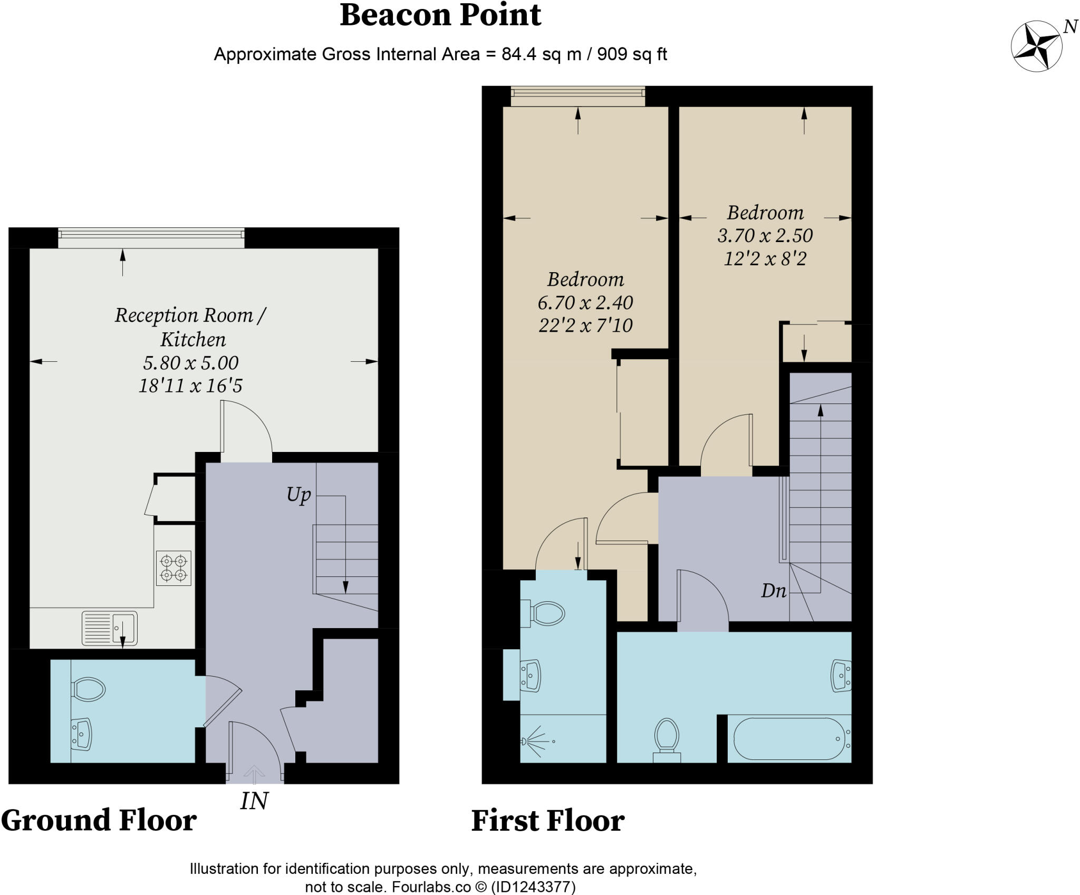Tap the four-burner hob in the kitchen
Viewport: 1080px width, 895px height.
click(173, 568)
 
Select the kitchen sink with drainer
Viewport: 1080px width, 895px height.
click(110, 628)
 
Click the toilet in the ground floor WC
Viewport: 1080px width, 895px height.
click(88, 689)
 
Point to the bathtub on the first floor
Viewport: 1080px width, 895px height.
click(789, 738)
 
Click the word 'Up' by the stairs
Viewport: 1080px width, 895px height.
click(298, 495)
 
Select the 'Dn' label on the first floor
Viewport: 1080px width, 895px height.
click(774, 591)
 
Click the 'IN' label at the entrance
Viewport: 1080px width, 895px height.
click(254, 801)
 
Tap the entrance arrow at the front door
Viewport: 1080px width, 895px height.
click(254, 774)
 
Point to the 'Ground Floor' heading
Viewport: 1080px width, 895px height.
click(99, 820)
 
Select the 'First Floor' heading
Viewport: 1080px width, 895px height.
click(548, 821)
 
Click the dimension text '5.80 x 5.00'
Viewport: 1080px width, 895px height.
click(191, 362)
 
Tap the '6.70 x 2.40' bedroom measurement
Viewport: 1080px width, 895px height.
click(585, 302)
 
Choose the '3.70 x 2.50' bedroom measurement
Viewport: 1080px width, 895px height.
click(765, 235)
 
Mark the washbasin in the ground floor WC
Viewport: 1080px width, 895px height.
click(81, 734)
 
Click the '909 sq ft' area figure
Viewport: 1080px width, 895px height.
click(632, 54)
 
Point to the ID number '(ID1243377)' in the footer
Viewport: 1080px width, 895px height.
click(533, 887)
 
